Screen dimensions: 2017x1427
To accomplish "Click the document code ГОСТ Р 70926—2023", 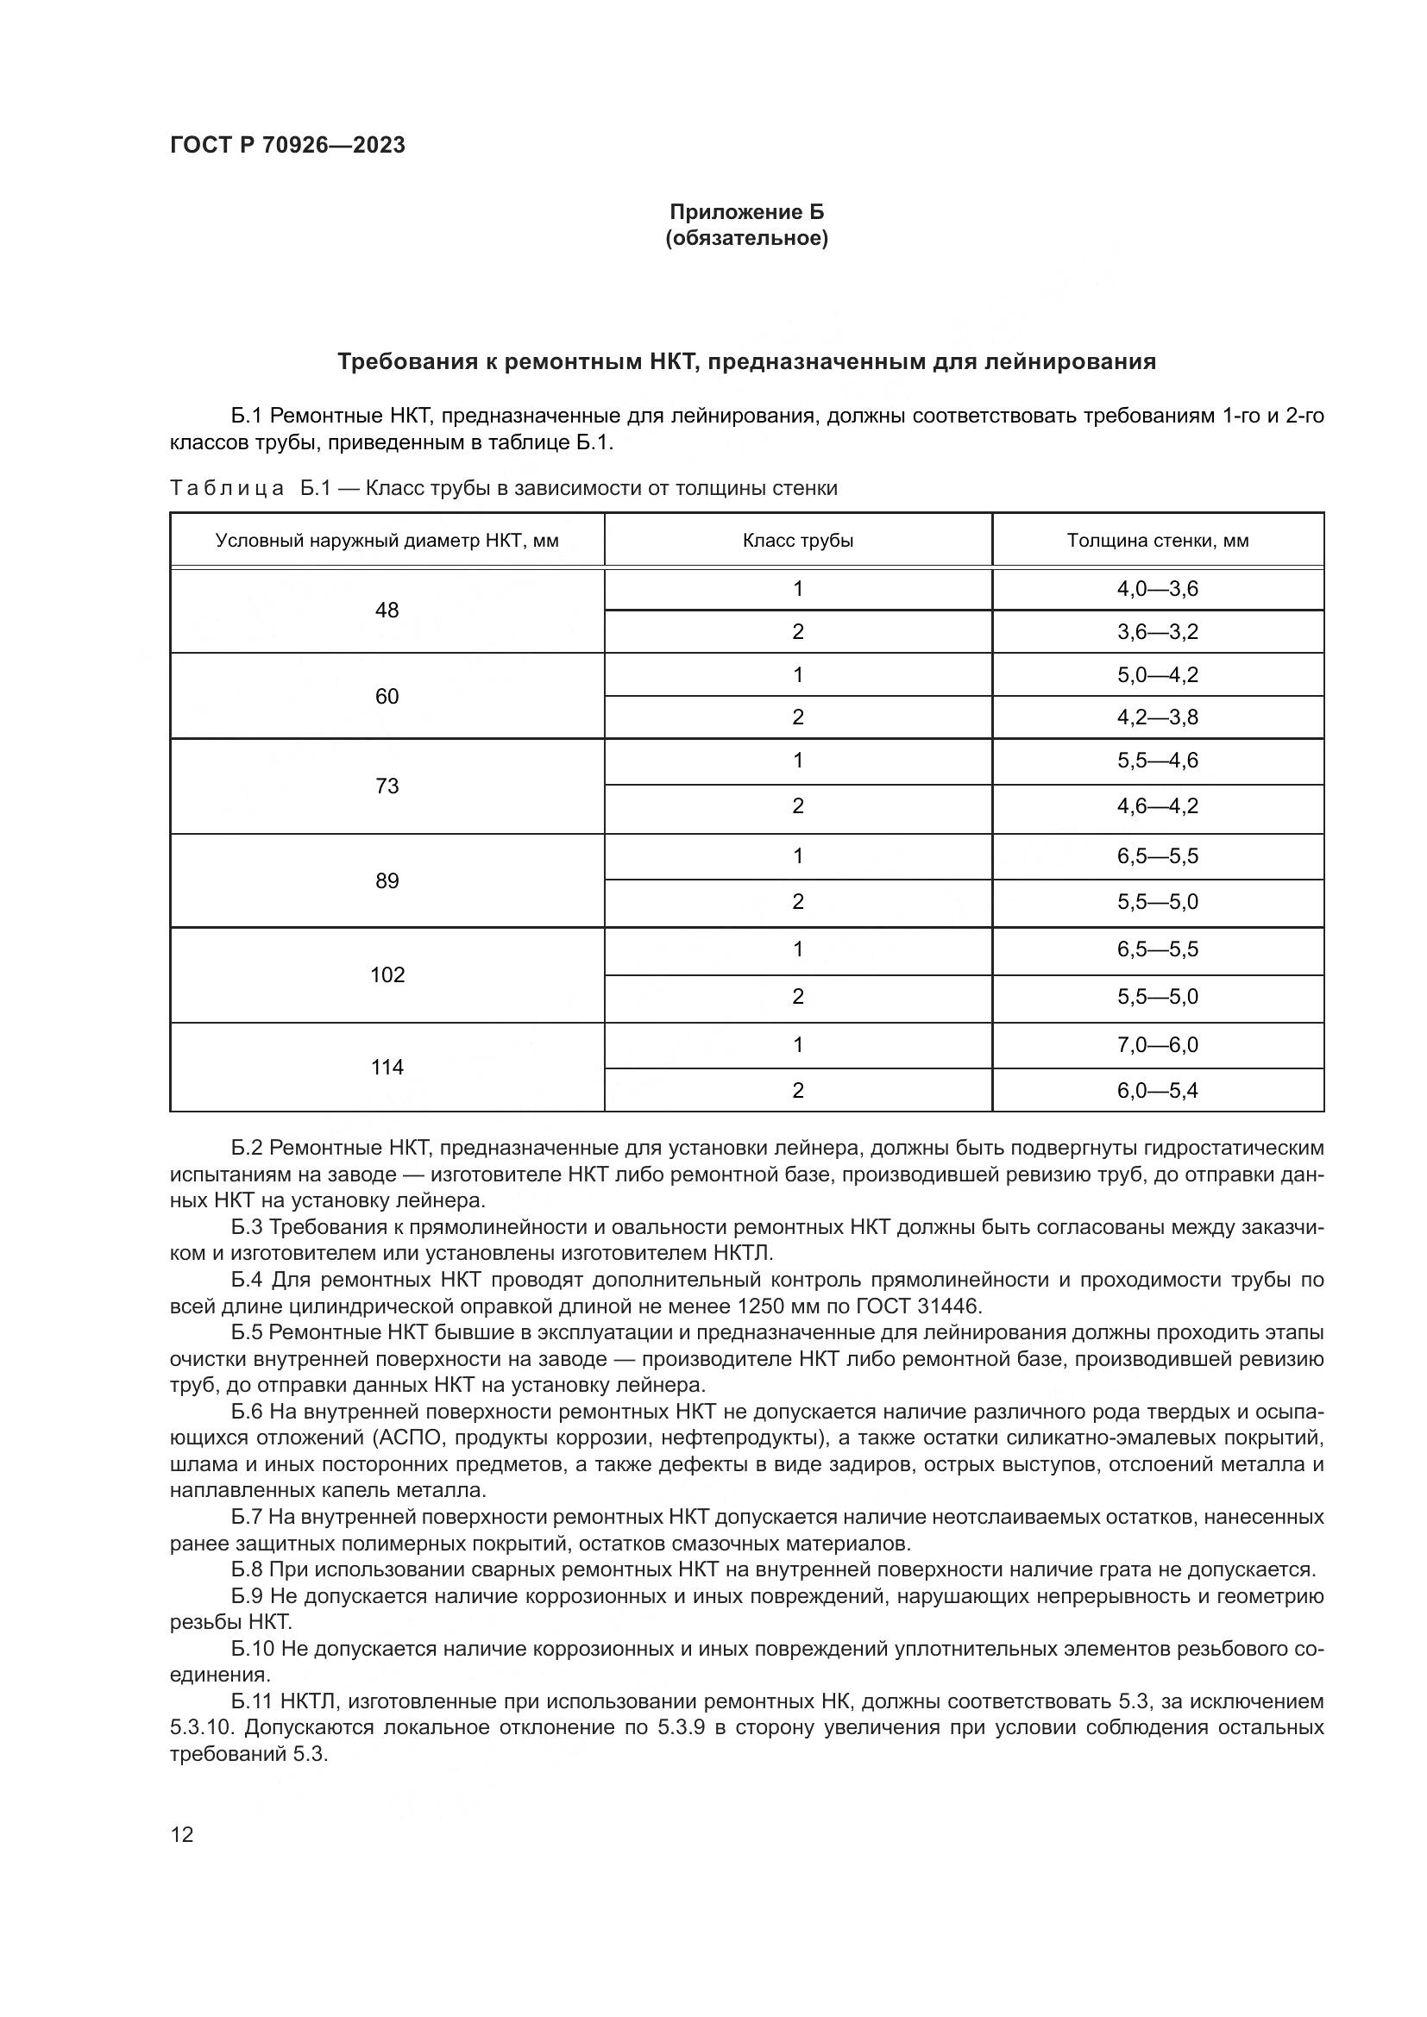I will tap(287, 145).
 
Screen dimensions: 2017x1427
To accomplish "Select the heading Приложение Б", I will tap(747, 212).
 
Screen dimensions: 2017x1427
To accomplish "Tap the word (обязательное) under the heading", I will tap(747, 238).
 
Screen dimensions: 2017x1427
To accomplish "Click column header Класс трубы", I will tap(797, 541).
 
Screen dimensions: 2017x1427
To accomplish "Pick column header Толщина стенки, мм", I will tap(1157, 541).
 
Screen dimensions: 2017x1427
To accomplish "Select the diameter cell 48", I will tap(387, 610).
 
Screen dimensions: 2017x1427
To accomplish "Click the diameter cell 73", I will tap(387, 786).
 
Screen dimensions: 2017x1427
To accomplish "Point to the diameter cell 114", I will tap(387, 1067).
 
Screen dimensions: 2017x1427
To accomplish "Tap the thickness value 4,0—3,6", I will tap(1157, 589).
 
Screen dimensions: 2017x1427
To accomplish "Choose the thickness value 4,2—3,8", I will tap(1157, 717).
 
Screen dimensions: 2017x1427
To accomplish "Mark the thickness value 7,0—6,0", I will tap(1157, 1044).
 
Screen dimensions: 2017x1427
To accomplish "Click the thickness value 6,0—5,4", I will tap(1157, 1090).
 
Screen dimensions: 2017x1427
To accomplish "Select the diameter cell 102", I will tap(387, 974).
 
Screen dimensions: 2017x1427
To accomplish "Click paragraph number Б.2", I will tap(247, 1148).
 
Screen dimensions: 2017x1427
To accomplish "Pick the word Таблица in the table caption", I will tap(227, 488).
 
